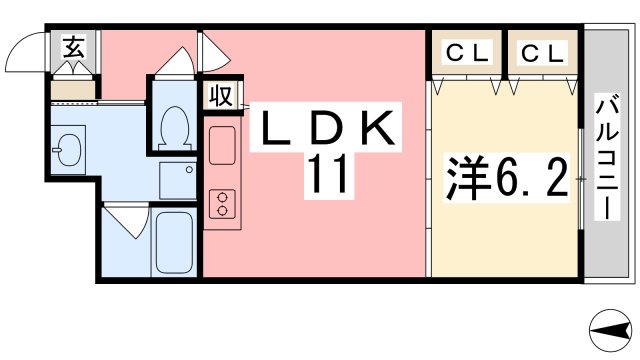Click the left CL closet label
click(x=465, y=53)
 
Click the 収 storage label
click(x=221, y=97)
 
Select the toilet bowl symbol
click(x=176, y=124)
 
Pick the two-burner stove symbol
click(x=220, y=203)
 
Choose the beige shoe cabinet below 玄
click(x=72, y=90)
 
